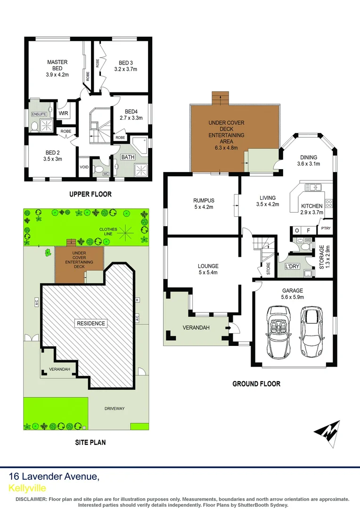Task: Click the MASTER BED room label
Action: [x=57, y=65]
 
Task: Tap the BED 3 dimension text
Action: [x=125, y=69]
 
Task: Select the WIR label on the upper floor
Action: [x=64, y=113]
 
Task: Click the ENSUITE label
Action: [x=38, y=114]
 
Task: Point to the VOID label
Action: [x=84, y=167]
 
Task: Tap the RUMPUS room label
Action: [x=203, y=200]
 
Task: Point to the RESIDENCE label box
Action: [x=91, y=323]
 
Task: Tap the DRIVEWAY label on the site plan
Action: [x=115, y=409]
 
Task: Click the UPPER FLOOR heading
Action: [x=90, y=194]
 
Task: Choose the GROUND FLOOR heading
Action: [x=256, y=384]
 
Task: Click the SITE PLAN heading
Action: [x=90, y=442]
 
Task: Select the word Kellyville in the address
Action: [x=27, y=488]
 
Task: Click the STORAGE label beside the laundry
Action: [x=322, y=257]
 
